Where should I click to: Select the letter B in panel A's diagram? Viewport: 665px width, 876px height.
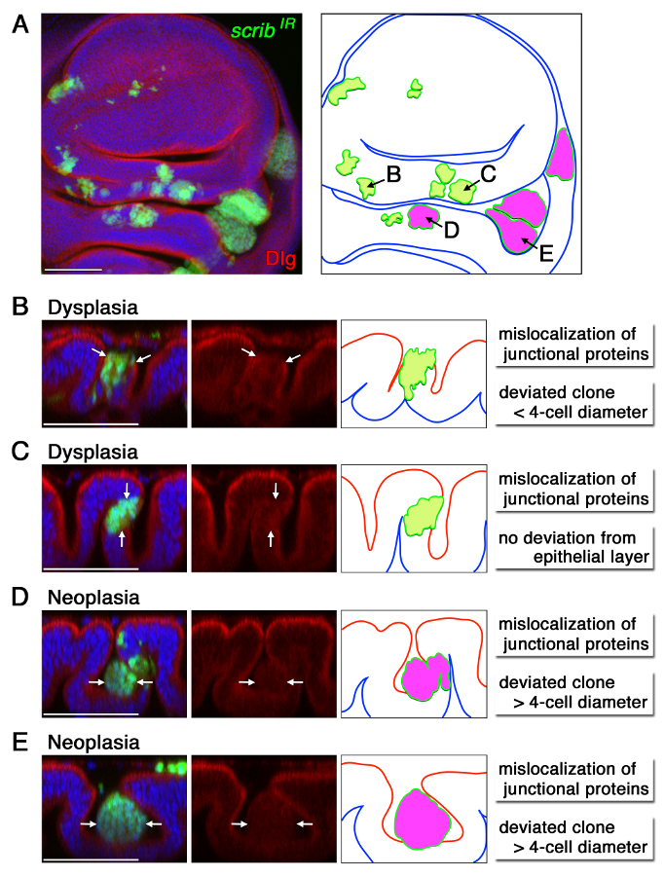click(x=394, y=174)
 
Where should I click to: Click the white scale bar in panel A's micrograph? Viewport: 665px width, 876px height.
click(x=74, y=266)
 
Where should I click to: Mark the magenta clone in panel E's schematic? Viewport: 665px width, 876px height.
click(x=422, y=820)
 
